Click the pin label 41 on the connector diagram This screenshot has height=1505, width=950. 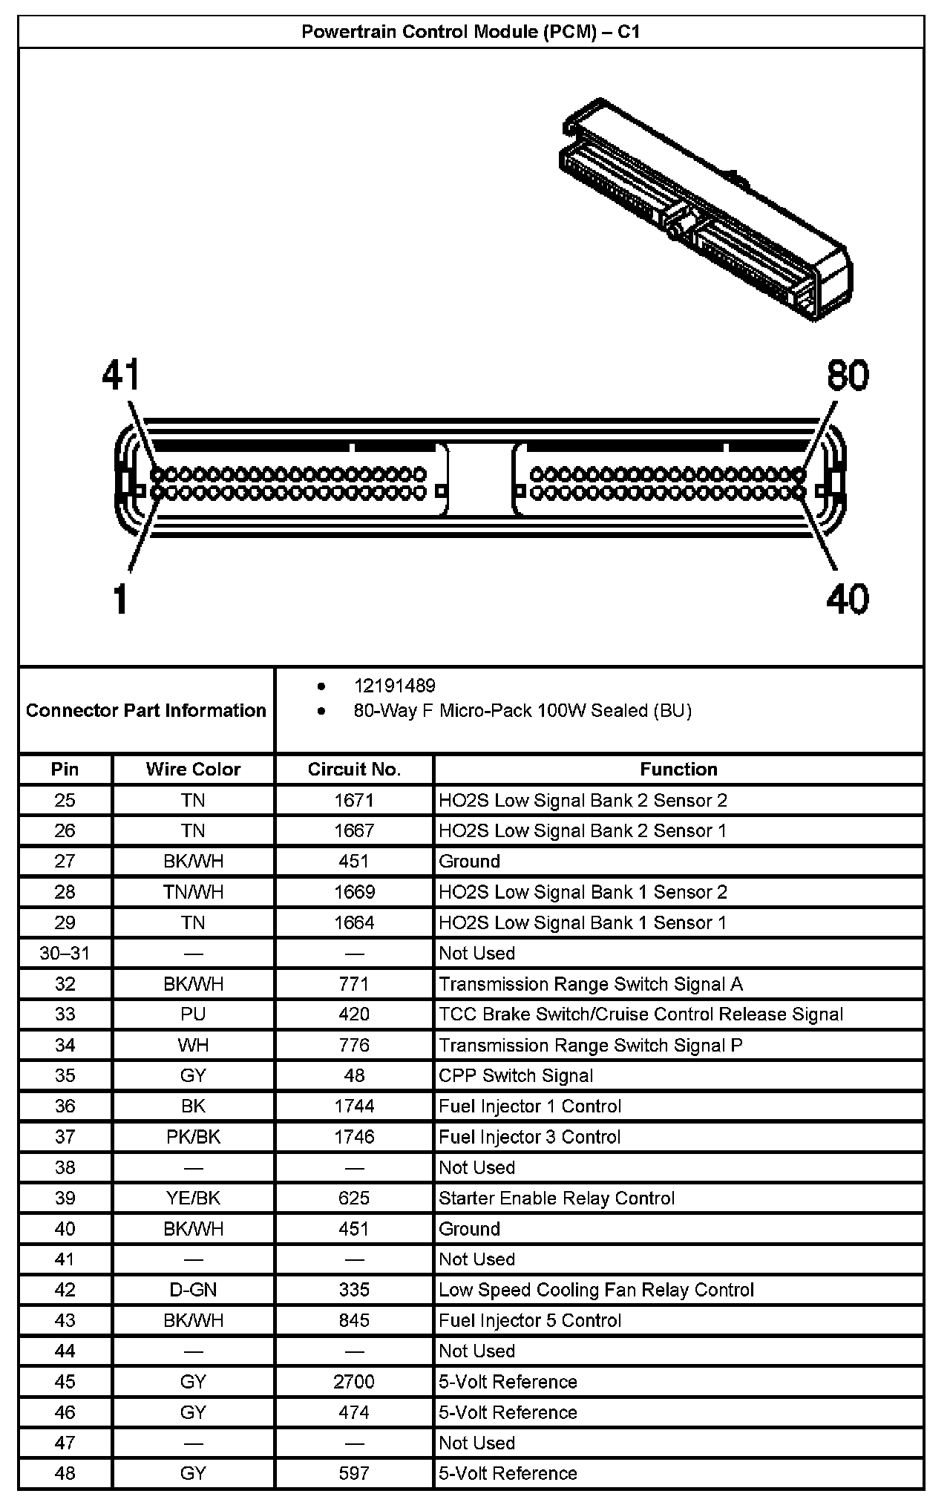[121, 376]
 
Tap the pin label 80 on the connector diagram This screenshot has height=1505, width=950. [848, 376]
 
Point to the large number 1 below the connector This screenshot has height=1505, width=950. [120, 598]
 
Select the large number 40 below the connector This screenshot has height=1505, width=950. [847, 598]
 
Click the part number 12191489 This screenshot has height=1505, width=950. [394, 686]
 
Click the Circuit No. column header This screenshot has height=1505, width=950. [354, 769]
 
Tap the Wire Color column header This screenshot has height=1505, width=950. [193, 769]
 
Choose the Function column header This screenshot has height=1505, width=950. [678, 769]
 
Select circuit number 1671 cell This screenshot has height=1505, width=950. [354, 800]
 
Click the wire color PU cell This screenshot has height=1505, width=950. [193, 1014]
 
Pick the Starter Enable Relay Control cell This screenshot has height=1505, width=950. [557, 1198]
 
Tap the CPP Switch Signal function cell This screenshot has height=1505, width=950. [516, 1075]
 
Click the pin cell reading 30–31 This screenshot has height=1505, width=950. [65, 953]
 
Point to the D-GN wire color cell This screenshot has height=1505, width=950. [193, 1290]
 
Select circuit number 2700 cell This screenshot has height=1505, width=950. [354, 1382]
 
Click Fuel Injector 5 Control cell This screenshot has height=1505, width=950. [530, 1320]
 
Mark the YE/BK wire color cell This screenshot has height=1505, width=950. [193, 1198]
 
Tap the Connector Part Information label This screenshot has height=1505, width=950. [145, 710]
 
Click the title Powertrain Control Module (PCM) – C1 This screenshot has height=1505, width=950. [471, 32]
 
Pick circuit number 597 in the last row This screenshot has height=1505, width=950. [354, 1473]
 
